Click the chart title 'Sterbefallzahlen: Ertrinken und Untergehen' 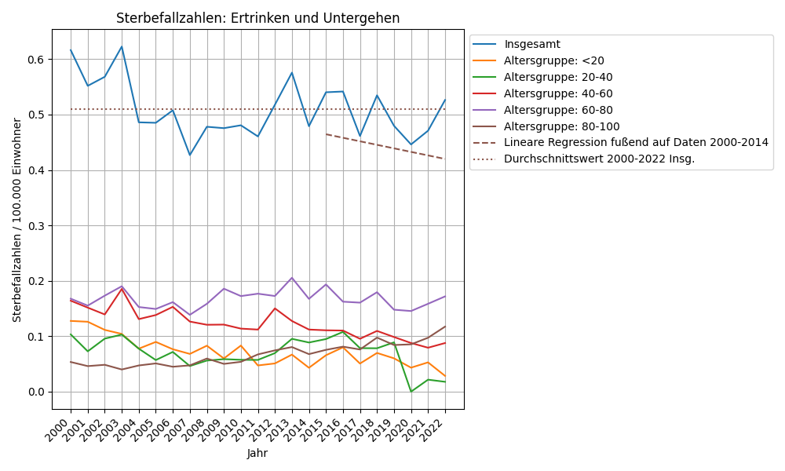[x=257, y=18]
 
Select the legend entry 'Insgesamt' [x=531, y=44]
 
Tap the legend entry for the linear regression [x=636, y=142]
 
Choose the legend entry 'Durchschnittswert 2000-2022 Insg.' [x=599, y=159]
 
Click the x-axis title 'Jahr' [x=257, y=453]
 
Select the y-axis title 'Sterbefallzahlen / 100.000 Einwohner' [x=17, y=219]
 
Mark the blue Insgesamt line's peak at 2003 [x=122, y=46]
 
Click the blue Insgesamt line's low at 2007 [x=190, y=155]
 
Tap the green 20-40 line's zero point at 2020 [x=411, y=392]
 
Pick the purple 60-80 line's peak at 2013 [x=292, y=277]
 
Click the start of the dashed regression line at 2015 [x=326, y=134]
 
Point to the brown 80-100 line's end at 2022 [x=445, y=327]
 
